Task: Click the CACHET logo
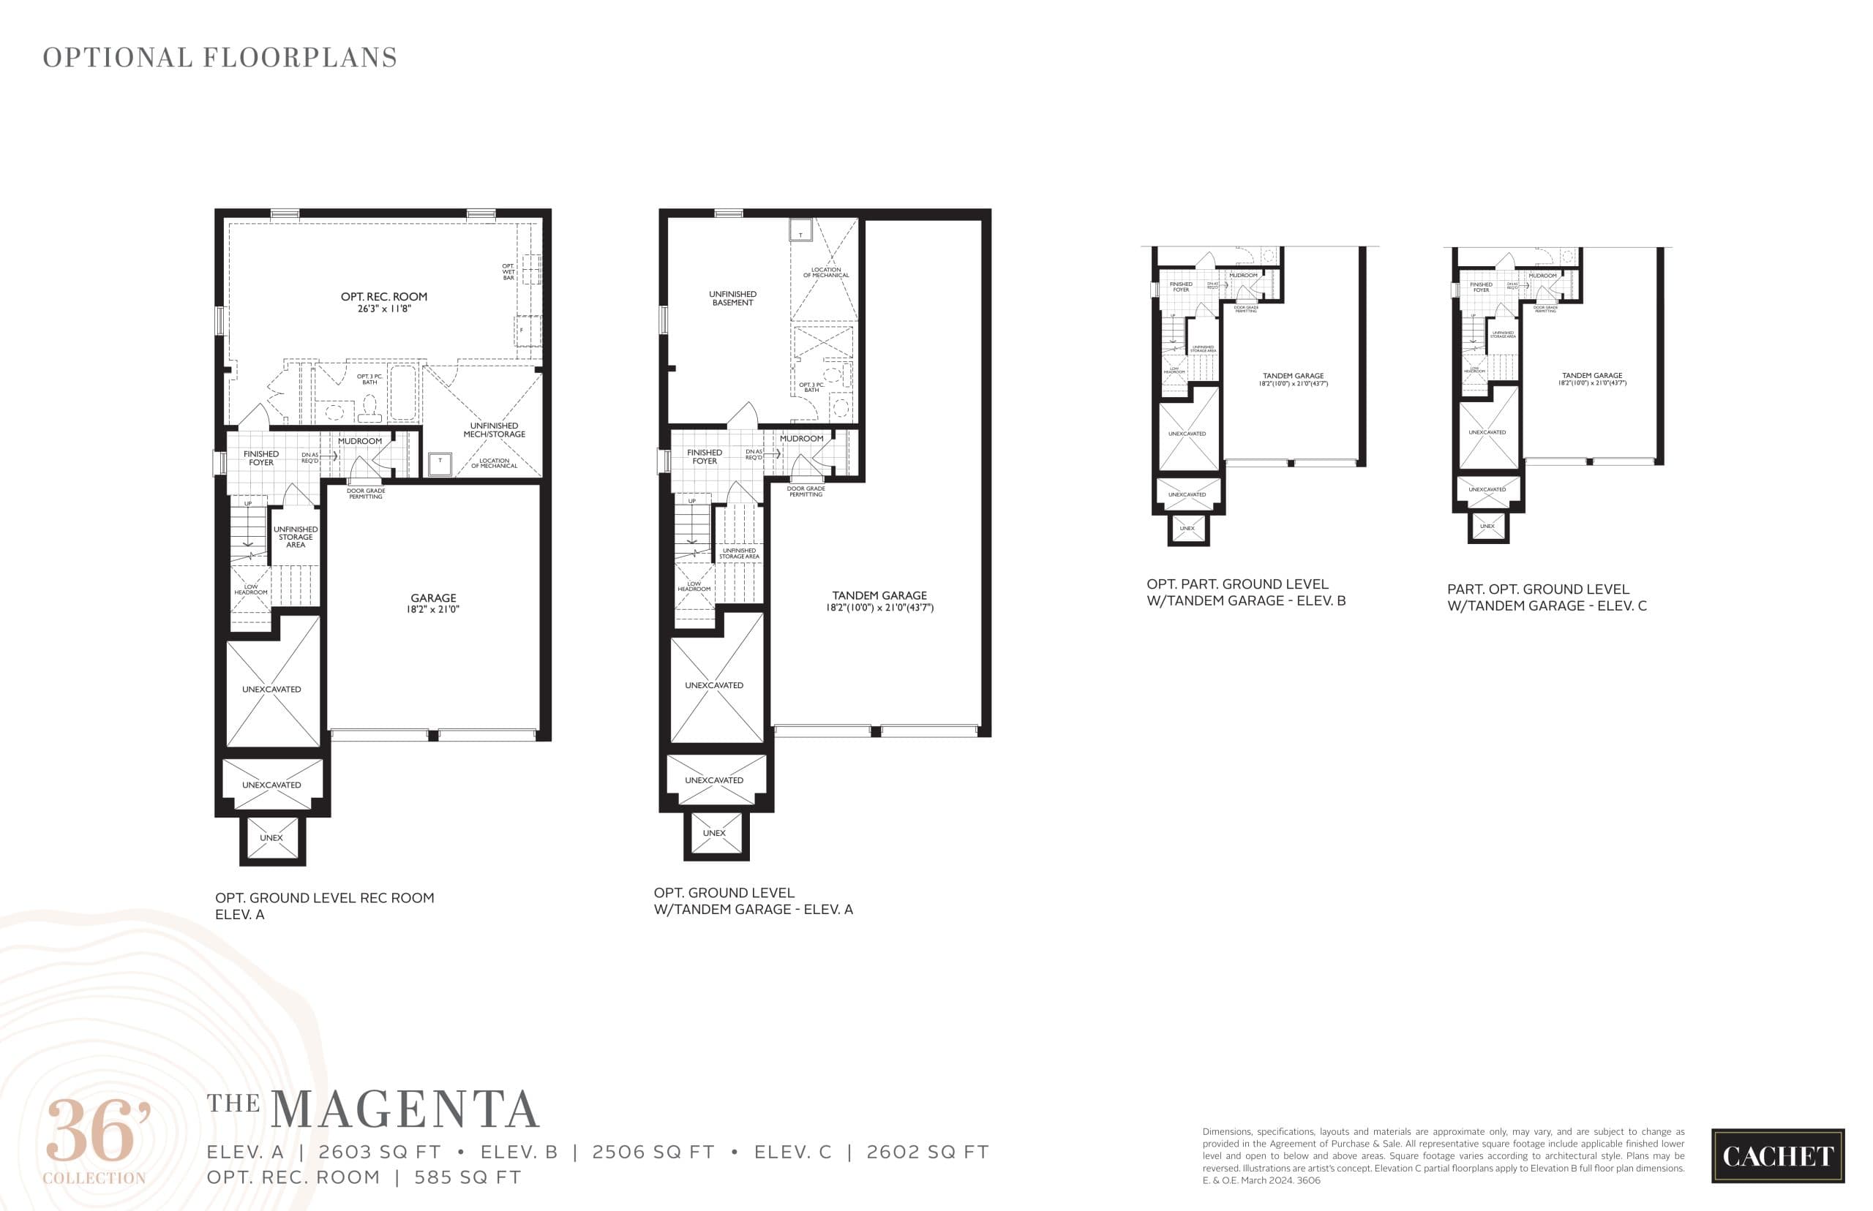pyautogui.click(x=1777, y=1156)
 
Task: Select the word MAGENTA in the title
pyautogui.click(x=405, y=1110)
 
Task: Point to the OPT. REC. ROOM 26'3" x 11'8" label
pyautogui.click(x=384, y=303)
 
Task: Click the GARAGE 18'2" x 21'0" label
pyautogui.click(x=432, y=603)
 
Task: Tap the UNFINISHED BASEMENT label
pyautogui.click(x=732, y=298)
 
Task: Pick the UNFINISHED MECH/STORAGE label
pyautogui.click(x=494, y=430)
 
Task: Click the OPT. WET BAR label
pyautogui.click(x=508, y=271)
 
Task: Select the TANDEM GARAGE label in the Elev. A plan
pyautogui.click(x=879, y=601)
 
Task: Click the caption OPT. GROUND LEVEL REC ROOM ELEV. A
pyautogui.click(x=324, y=906)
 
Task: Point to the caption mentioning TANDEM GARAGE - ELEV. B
pyautogui.click(x=1245, y=592)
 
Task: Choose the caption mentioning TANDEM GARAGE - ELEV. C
pyautogui.click(x=1546, y=597)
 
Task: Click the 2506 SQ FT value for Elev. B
pyautogui.click(x=653, y=1152)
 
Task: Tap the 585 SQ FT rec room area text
pyautogui.click(x=468, y=1177)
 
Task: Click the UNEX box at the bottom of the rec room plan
pyautogui.click(x=271, y=838)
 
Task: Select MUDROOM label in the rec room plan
pyautogui.click(x=359, y=441)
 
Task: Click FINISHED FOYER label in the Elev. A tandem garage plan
pyautogui.click(x=704, y=457)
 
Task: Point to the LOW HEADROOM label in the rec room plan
pyautogui.click(x=250, y=589)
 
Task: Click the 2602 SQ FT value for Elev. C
pyautogui.click(x=927, y=1152)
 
